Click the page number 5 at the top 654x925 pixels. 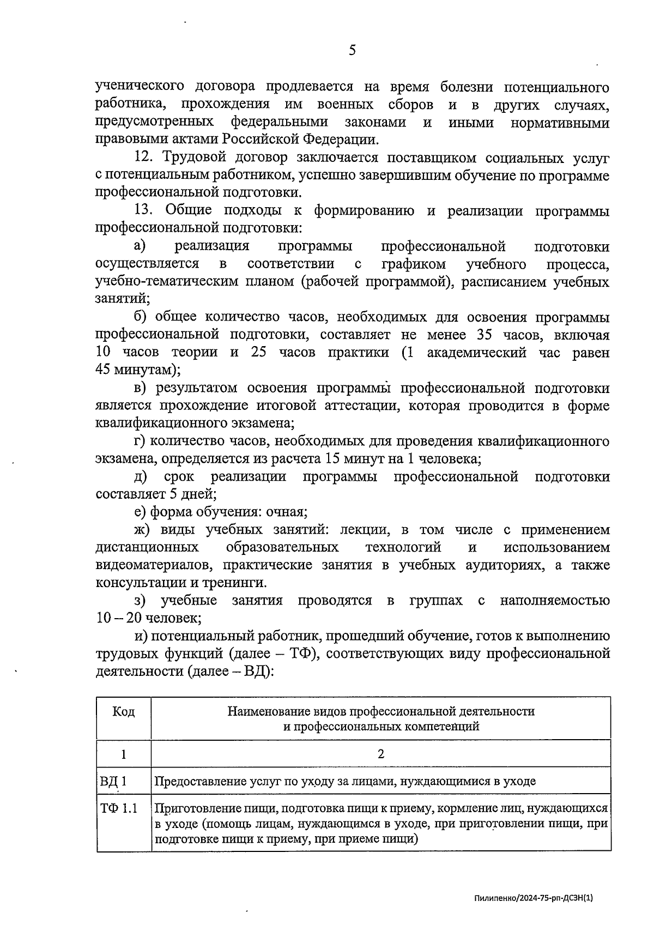pos(352,51)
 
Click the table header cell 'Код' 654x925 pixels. pos(124,711)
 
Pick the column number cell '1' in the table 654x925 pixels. pos(124,754)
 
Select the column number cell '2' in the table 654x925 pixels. pos(380,754)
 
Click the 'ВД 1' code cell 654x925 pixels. pos(113,782)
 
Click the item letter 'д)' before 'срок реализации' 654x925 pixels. pos(141,477)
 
